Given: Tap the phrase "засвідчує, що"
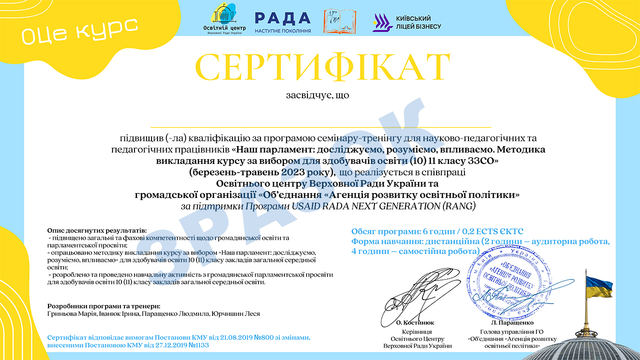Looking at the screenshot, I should point(317,94).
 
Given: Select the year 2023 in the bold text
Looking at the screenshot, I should point(295,172).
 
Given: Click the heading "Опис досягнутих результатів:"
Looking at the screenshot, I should point(97,230).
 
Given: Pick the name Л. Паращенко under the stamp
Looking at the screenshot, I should point(505,323).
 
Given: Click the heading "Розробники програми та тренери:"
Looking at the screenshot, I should point(103,305).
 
